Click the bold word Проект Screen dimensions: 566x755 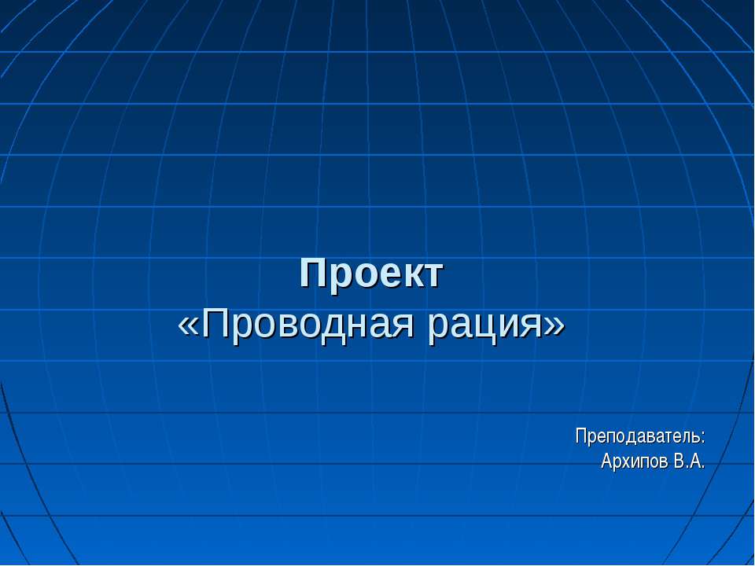(372, 274)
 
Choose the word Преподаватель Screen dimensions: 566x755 (636, 436)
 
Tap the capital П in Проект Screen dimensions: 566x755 (313, 274)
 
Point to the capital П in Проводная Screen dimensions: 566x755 (215, 323)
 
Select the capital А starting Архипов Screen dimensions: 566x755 (607, 461)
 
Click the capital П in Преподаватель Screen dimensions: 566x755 (581, 436)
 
